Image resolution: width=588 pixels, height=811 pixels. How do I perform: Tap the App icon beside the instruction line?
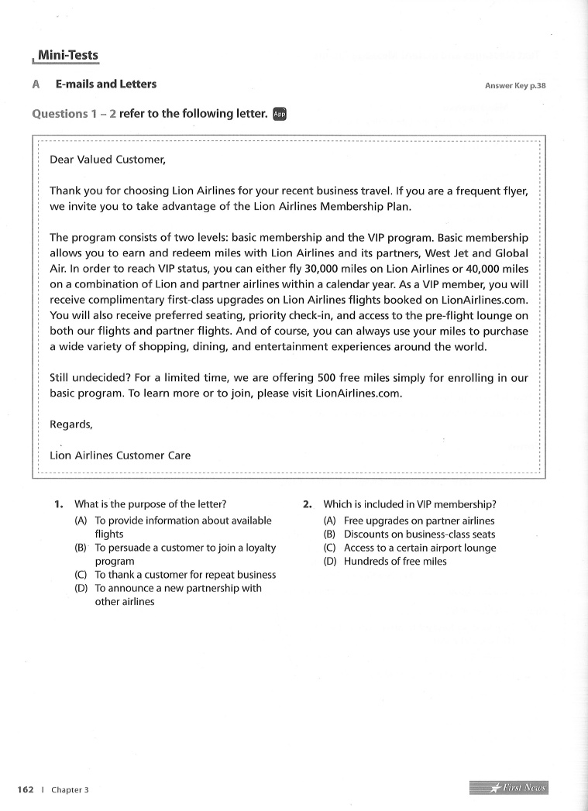coord(280,114)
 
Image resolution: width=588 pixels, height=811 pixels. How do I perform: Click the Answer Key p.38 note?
coord(515,85)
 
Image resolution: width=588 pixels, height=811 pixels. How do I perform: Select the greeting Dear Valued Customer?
coord(108,160)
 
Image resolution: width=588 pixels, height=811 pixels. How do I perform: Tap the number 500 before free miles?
coord(326,378)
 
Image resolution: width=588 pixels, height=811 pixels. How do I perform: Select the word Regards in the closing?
coord(70,424)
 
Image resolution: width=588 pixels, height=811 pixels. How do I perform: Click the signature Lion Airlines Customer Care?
coord(120,455)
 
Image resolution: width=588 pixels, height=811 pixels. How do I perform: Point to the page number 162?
coord(26,789)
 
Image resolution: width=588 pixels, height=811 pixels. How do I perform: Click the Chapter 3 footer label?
coord(70,789)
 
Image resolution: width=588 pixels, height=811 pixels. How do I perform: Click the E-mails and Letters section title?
coord(105,84)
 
